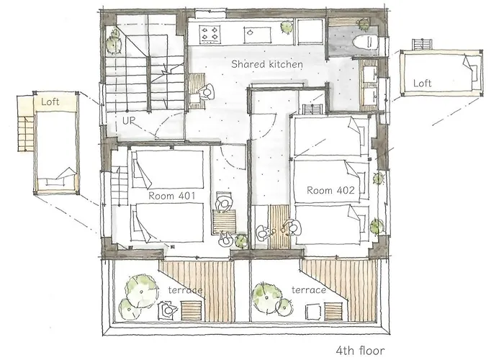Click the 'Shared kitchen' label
(267, 64)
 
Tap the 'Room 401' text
(171, 195)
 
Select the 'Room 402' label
(330, 190)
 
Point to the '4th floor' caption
(360, 350)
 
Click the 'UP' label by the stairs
(129, 121)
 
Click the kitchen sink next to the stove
(258, 35)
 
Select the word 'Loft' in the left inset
(50, 102)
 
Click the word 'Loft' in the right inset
(422, 84)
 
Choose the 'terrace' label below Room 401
(186, 290)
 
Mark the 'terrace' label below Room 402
(309, 290)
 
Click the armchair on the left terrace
(168, 310)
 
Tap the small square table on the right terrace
(313, 312)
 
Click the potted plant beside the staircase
(113, 42)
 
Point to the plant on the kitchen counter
(287, 27)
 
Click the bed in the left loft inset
(57, 151)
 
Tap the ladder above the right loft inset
(422, 44)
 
